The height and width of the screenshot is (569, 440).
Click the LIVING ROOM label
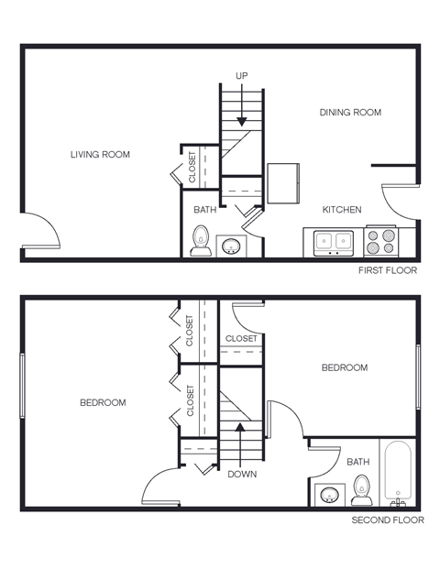click(100, 154)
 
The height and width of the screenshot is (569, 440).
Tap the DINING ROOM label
click(350, 113)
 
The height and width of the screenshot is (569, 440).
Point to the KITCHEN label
click(342, 210)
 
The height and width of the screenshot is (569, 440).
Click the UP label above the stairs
click(242, 75)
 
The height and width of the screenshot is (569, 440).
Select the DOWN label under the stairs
click(242, 475)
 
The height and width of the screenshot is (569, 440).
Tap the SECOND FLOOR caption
click(388, 520)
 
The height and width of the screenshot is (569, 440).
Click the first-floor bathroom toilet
click(200, 242)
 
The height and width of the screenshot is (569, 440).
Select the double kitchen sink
click(334, 242)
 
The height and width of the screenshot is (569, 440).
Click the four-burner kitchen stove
click(381, 241)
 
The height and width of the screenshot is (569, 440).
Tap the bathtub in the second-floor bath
click(399, 475)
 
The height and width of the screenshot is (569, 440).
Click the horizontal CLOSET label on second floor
click(241, 338)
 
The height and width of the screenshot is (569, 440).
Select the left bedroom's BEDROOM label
click(103, 402)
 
